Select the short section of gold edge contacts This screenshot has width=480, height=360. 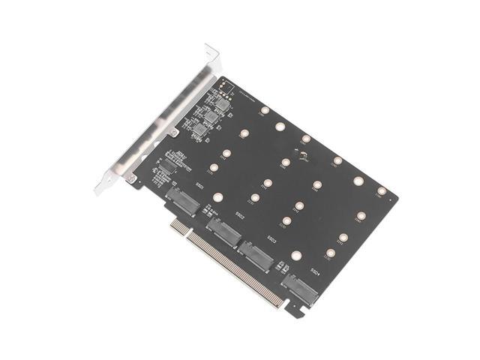[178, 224]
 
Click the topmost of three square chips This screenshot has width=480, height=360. [223, 105]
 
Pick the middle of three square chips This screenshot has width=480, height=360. [212, 118]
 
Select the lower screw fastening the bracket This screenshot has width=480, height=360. [133, 178]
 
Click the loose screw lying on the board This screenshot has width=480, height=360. [304, 157]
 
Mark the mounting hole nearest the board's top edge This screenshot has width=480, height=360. [265, 110]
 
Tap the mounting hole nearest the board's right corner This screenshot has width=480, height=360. [382, 191]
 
